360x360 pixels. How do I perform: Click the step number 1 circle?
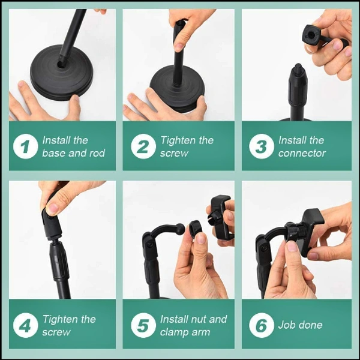tap(26, 146)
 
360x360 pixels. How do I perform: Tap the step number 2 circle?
tap(143, 146)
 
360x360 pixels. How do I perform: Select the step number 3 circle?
tap(262, 146)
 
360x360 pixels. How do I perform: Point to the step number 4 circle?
tap(26, 325)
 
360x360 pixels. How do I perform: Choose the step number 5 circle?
tap(143, 325)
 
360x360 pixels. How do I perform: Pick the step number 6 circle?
tap(262, 325)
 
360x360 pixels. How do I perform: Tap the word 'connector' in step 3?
tap(302, 154)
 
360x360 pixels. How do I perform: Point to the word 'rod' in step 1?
tap(97, 153)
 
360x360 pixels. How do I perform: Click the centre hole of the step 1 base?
tap(61, 64)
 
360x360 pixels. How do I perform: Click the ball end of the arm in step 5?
tap(180, 229)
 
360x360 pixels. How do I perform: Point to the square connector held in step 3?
tap(311, 35)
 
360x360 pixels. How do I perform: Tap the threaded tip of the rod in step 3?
tap(298, 67)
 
